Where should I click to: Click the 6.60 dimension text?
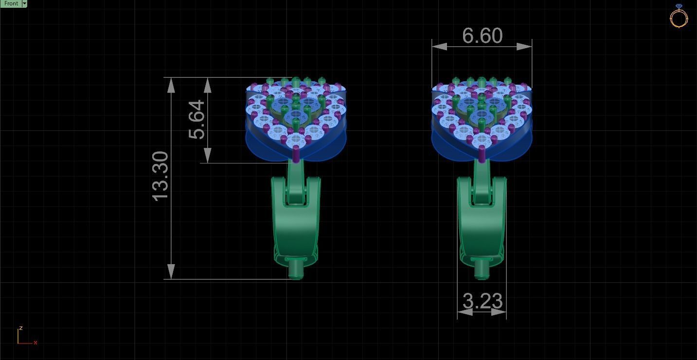click(482, 36)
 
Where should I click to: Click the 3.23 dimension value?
click(482, 301)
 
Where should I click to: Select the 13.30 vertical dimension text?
click(161, 176)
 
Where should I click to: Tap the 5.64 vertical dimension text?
click(197, 120)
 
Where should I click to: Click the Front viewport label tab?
click(11, 3)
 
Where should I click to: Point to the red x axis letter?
click(36, 342)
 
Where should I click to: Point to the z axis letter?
click(20, 328)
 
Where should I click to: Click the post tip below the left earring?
click(296, 270)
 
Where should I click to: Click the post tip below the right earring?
click(482, 270)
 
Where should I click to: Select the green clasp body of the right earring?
click(482, 229)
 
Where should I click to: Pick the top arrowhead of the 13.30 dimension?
click(171, 85)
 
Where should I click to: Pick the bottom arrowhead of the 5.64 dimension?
click(208, 155)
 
